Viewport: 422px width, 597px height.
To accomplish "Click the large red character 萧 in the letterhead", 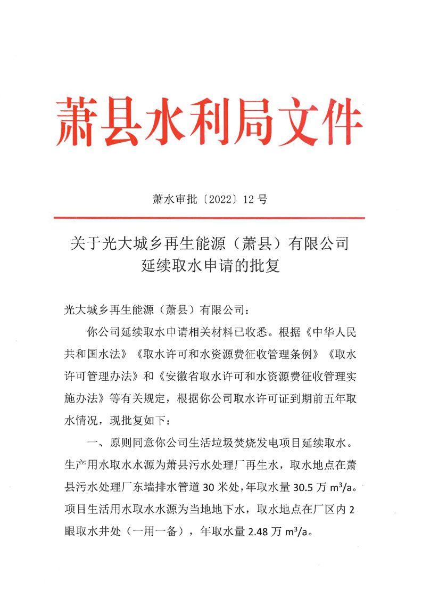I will pos(79,121).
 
